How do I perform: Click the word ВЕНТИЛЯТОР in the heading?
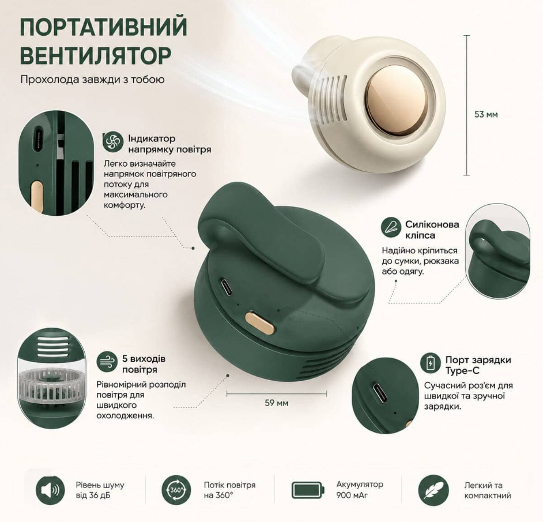click(x=96, y=55)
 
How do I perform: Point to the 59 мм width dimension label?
click(x=276, y=403)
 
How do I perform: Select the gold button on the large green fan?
click(x=260, y=322)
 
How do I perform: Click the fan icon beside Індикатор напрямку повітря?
click(x=113, y=142)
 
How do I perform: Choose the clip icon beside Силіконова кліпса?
click(x=391, y=227)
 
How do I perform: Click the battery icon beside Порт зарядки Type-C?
click(x=431, y=363)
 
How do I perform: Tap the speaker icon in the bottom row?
click(x=50, y=490)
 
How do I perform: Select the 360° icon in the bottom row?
click(x=176, y=490)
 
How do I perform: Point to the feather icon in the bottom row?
click(x=433, y=490)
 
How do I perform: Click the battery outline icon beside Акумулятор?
click(x=308, y=490)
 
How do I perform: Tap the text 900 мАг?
click(x=352, y=495)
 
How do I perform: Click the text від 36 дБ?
click(x=93, y=495)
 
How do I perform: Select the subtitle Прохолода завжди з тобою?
click(x=92, y=80)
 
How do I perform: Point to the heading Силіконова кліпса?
click(x=432, y=230)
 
